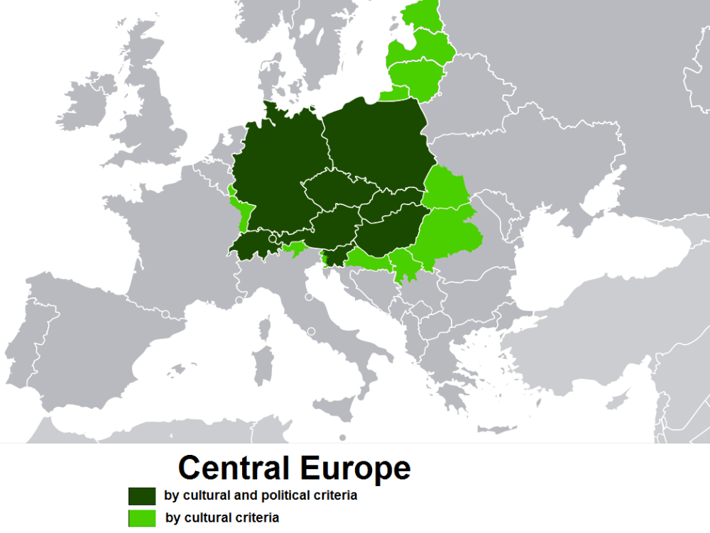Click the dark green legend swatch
(142, 495)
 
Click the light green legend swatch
(142, 517)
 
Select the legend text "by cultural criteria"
(222, 517)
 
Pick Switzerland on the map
(256, 245)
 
